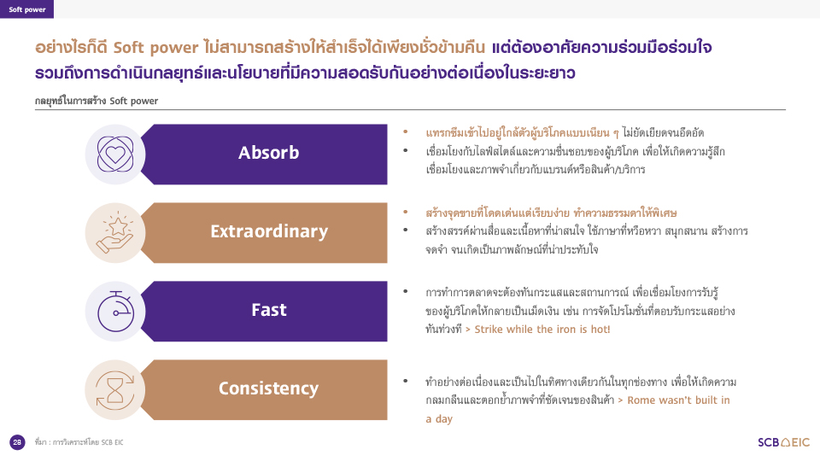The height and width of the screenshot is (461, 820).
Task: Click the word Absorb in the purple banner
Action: point(269,153)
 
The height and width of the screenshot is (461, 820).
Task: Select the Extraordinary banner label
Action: point(269,231)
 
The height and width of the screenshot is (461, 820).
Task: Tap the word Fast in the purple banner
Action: point(269,310)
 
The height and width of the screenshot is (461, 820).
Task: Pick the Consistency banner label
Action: point(268,388)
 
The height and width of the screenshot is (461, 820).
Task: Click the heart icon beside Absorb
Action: point(115,155)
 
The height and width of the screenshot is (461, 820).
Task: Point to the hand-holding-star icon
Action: point(115,232)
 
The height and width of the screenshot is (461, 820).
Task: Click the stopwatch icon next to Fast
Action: point(115,312)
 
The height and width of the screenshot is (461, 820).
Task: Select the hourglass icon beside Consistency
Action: point(115,390)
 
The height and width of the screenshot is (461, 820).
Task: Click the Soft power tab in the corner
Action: point(26,9)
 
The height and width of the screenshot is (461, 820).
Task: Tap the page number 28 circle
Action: point(17,442)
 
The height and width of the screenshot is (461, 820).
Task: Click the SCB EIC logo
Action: point(783,442)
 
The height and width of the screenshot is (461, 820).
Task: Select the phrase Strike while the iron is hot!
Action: point(542,330)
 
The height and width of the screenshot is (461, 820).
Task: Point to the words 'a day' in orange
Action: point(439,419)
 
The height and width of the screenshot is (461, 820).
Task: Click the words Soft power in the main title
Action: point(155,48)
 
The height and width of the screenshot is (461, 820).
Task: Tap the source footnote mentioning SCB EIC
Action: point(79,442)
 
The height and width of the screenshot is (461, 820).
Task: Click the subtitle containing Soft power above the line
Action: point(97,101)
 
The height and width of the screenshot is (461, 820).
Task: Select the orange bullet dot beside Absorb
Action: point(405,132)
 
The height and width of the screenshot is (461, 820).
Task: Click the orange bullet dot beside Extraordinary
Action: point(405,213)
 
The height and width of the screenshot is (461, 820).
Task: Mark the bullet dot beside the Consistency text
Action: point(405,381)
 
